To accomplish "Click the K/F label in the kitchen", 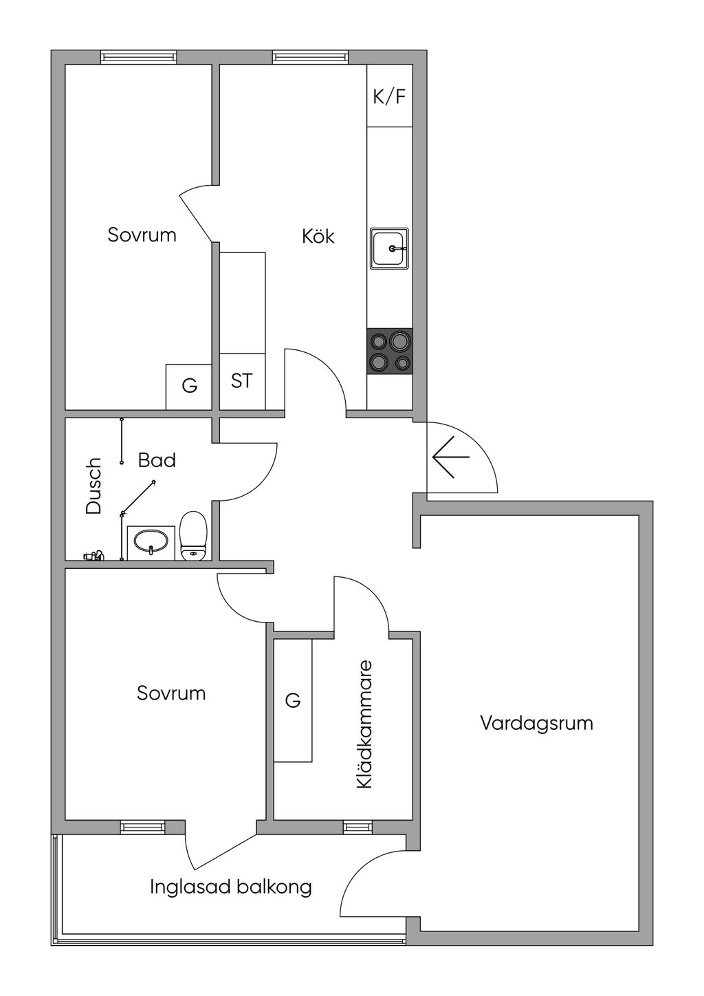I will [389, 96].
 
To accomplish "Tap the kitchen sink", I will [389, 248].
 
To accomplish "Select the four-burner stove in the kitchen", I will [389, 351].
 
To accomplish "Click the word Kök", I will [318, 236].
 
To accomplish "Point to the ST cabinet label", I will [241, 380].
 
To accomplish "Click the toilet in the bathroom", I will [193, 535].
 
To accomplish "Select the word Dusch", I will [93, 486].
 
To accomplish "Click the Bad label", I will [157, 459].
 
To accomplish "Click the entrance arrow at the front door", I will [451, 457].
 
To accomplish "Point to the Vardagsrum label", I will [536, 723].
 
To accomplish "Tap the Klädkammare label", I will [364, 724].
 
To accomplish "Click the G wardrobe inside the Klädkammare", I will [293, 700].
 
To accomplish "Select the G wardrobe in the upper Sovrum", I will [189, 386].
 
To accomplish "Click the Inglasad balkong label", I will [231, 887].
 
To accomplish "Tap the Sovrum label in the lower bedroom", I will [171, 693].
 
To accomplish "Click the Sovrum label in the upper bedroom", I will [142, 235].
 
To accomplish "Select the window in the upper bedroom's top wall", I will [138, 57].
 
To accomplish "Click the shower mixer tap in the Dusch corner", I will [93, 554].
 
